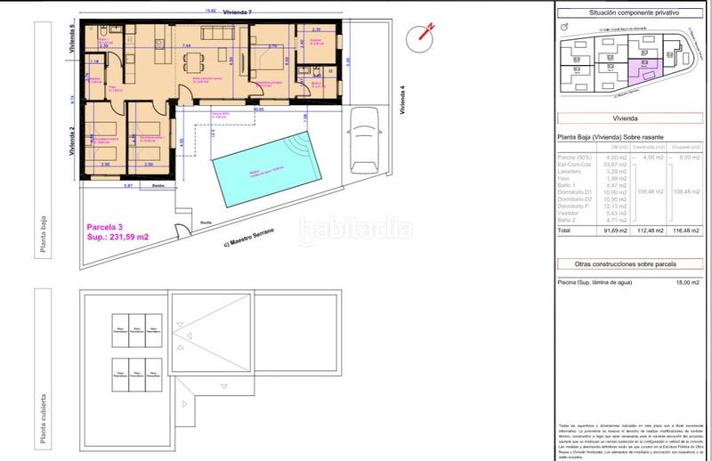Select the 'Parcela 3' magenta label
click(105, 226)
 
